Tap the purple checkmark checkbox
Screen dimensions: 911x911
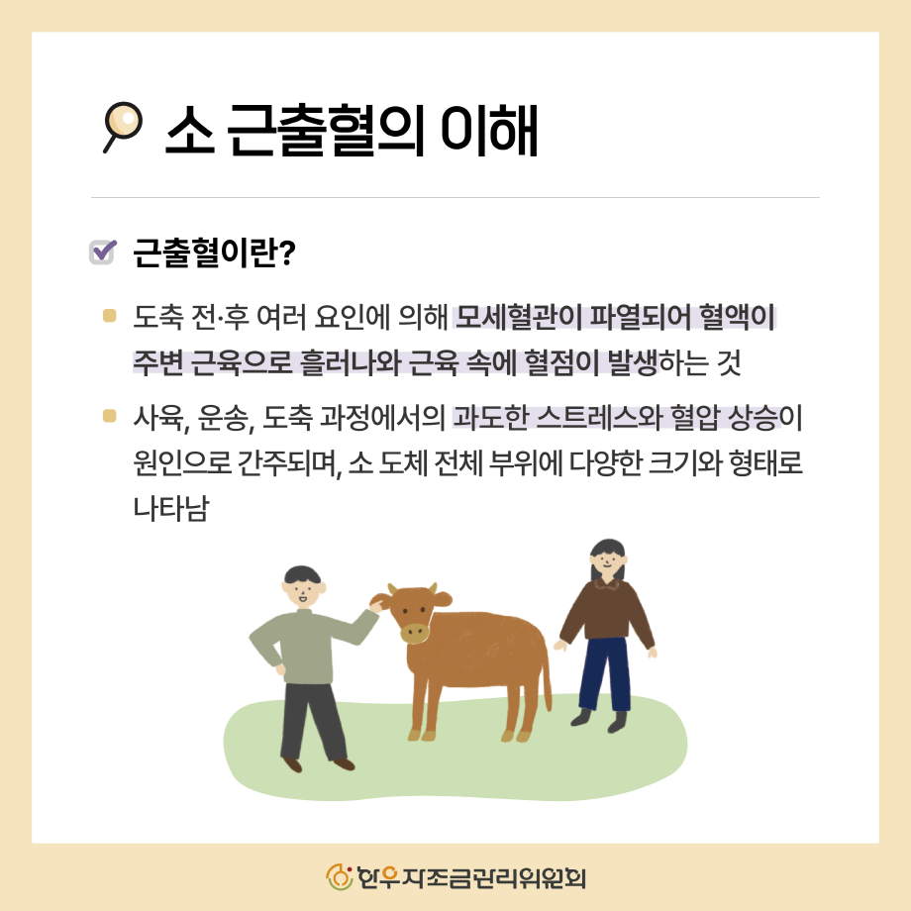pos(102,253)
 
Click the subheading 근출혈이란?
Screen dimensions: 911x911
pos(215,253)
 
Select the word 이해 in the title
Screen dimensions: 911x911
pos(488,130)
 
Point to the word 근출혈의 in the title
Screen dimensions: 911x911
pos(324,130)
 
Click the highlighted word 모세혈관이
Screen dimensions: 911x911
pos(518,317)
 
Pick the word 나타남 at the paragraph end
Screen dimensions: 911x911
pos(171,508)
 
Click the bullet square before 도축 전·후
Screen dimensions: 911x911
pos(109,315)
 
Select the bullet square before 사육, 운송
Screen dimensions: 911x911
pos(109,416)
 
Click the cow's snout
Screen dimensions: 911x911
pos(415,632)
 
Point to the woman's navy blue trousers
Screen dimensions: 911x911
pos(604,674)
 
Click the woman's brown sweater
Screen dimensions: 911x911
pos(607,611)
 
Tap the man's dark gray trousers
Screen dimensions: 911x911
pos(311,722)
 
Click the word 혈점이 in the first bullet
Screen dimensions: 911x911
pos(561,362)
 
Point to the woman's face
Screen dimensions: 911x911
pos(608,561)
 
